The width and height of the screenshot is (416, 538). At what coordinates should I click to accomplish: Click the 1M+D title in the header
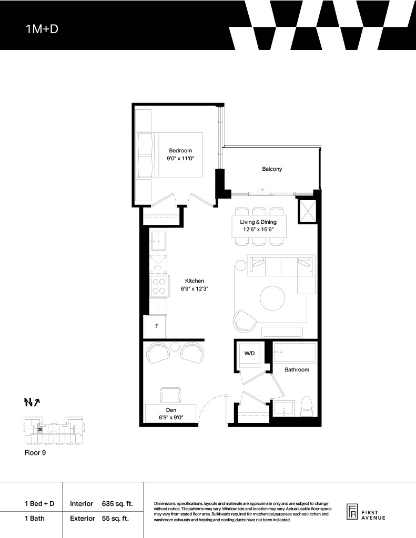click(x=42, y=29)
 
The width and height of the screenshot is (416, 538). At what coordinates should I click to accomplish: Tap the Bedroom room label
click(x=180, y=150)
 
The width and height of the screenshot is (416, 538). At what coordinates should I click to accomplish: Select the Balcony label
click(x=272, y=169)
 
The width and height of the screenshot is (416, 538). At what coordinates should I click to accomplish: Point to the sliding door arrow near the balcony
click(x=260, y=189)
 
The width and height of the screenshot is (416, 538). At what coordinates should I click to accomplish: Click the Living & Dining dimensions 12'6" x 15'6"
click(x=258, y=230)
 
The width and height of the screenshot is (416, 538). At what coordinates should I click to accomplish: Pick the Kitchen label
click(x=195, y=281)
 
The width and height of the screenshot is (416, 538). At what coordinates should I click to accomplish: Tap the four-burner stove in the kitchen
click(x=159, y=286)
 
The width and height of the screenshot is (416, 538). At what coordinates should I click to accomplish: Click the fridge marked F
click(x=156, y=326)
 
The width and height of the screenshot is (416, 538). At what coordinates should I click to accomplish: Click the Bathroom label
click(x=297, y=369)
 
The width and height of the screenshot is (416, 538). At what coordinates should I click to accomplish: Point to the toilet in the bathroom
click(x=306, y=406)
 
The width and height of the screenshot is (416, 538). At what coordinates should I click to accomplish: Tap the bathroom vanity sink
click(x=284, y=408)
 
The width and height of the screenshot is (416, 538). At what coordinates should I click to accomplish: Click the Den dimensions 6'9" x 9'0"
click(x=171, y=417)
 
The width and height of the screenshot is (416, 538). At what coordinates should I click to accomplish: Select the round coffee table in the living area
click(x=272, y=298)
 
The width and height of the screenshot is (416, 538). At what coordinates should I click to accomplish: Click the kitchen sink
click(x=159, y=242)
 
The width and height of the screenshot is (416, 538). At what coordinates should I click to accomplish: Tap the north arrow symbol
click(x=32, y=402)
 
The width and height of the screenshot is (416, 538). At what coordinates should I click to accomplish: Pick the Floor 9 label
click(x=35, y=452)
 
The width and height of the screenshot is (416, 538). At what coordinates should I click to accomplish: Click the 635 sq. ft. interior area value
click(x=117, y=504)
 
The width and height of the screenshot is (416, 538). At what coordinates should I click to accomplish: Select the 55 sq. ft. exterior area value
click(x=115, y=518)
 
